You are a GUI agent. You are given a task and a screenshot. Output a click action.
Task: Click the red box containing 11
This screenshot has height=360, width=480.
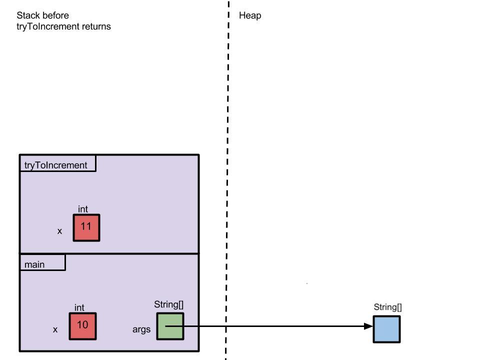click(x=86, y=228)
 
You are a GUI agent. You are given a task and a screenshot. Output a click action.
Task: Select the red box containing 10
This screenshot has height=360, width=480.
click(x=82, y=326)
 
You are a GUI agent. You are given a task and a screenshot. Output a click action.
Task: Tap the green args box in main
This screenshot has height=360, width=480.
click(x=170, y=326)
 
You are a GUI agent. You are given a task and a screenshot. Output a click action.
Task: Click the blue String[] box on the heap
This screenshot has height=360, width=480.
click(x=387, y=329)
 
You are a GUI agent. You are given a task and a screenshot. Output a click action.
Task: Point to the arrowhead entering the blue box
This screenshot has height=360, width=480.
click(x=368, y=326)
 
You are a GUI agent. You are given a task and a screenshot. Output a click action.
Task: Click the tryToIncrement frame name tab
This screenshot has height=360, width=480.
click(x=56, y=165)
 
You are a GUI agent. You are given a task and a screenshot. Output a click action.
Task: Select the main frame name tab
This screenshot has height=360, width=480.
click(x=35, y=264)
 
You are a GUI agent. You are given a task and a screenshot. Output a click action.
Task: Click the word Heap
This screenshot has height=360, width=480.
click(x=250, y=15)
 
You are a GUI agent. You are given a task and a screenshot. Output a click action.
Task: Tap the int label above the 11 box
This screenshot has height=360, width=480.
click(x=83, y=209)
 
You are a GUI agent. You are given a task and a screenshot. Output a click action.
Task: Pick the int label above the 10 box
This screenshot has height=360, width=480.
click(x=79, y=308)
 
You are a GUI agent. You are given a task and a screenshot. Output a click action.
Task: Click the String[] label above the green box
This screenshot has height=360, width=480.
click(x=170, y=304)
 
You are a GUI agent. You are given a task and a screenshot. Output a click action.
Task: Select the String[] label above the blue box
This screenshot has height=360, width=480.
click(x=387, y=307)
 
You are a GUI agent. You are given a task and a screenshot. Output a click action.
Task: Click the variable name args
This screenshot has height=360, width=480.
click(x=141, y=330)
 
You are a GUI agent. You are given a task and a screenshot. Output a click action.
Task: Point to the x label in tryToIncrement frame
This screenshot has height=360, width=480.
click(x=59, y=231)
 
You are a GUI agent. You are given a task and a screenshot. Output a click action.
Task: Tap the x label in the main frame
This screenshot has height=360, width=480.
click(x=55, y=330)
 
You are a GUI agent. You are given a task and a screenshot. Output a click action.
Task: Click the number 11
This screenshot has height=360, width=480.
click(x=86, y=226)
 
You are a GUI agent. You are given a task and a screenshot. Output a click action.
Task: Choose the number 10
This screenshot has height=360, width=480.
click(x=82, y=324)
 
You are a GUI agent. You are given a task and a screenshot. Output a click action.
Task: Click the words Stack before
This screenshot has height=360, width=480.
click(x=43, y=15)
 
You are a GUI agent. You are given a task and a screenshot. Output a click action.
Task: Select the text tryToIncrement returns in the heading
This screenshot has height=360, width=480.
click(x=63, y=26)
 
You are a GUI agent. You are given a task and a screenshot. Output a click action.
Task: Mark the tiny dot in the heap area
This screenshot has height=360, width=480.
click(x=306, y=284)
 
